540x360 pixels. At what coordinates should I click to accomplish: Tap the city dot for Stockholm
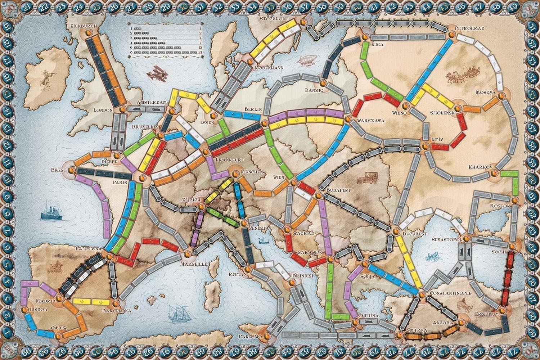[x=303, y=22]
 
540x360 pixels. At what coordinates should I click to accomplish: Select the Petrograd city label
[x=469, y=28]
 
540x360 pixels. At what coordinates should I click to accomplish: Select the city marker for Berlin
[x=265, y=123]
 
